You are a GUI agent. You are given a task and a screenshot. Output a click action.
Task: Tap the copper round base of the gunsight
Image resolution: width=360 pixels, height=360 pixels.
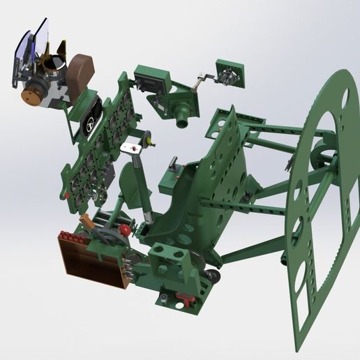[x=33, y=94]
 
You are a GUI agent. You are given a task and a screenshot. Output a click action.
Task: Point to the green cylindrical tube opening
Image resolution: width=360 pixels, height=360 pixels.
[x=183, y=123]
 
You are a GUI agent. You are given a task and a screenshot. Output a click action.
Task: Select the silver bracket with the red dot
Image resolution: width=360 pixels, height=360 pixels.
[x=131, y=149]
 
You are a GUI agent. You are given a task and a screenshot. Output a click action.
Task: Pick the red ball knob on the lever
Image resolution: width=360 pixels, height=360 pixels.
[x=125, y=230]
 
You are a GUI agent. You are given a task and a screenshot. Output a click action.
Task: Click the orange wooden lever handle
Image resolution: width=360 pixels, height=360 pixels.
[x=86, y=222]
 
